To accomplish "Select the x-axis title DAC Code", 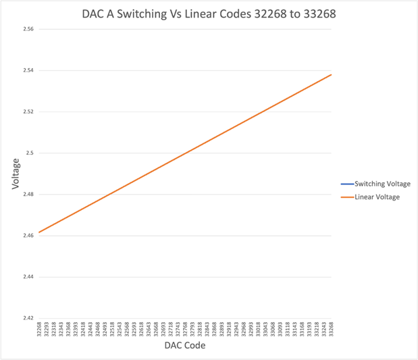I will (185, 346).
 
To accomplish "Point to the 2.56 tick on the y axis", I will (28, 30).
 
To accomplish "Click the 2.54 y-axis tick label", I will (28, 71).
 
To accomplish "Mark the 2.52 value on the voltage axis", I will (28, 112).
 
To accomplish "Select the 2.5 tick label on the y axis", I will (30, 153).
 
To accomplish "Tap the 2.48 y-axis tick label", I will (28, 195).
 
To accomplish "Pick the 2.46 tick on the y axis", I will (28, 236).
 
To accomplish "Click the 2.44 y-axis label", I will (28, 277).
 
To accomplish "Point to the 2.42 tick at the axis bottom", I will (28, 318).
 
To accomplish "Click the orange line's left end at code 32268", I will (39, 232).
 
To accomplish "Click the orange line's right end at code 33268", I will (332, 74).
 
